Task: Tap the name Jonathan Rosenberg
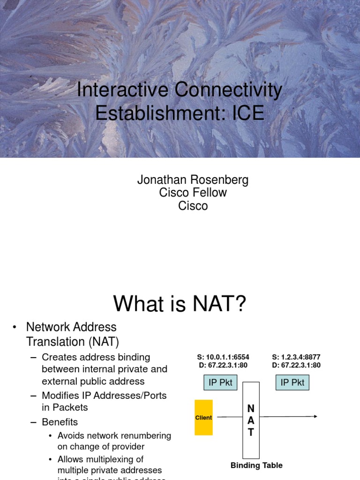[193, 180]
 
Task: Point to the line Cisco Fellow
[193, 193]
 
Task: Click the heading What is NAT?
[180, 304]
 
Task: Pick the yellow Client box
[203, 417]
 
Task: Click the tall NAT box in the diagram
[251, 420]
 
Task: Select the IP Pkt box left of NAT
[220, 382]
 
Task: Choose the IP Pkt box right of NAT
[292, 382]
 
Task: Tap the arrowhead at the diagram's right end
[315, 416]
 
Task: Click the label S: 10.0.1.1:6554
[223, 357]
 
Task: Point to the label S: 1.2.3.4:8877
[296, 357]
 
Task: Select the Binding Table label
[256, 465]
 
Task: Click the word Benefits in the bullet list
[60, 422]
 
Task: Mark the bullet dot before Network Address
[15, 327]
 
